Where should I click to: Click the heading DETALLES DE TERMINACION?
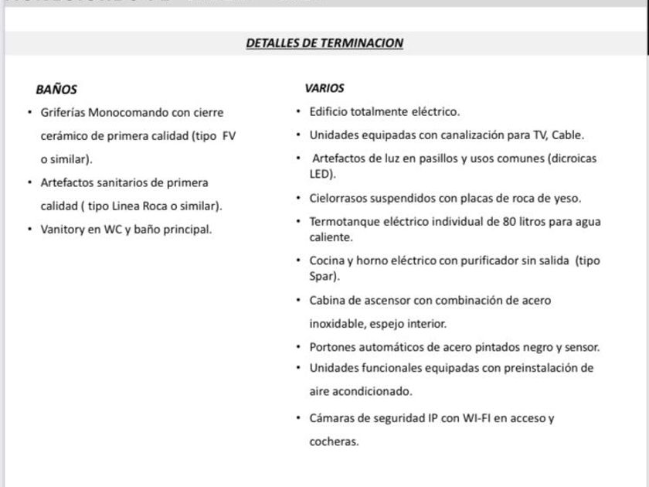point(324,43)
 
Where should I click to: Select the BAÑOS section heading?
point(56,90)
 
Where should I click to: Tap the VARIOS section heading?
point(324,88)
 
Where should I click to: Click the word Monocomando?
point(124,112)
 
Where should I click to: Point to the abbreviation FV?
point(229,135)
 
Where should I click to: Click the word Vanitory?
point(62,230)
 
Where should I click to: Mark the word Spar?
point(321,276)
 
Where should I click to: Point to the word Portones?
point(333,347)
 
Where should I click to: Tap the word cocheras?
point(333,441)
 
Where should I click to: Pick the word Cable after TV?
point(566,135)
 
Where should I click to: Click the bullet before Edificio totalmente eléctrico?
point(299,112)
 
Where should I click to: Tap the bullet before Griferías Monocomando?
point(29,112)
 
